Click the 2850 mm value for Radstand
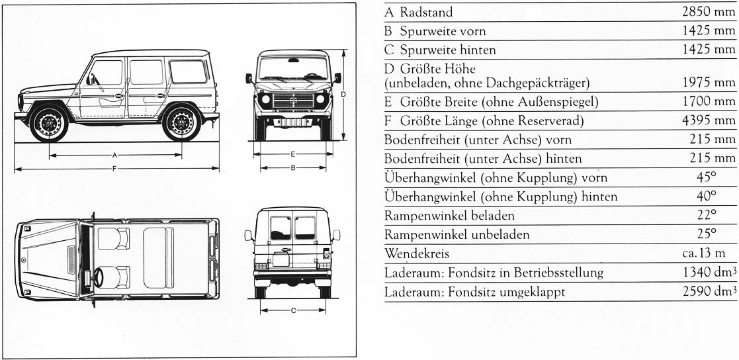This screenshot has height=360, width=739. coord(709,12)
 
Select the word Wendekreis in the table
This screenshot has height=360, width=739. coord(415,253)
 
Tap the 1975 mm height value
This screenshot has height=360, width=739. coord(709,83)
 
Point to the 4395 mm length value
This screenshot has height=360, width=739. coord(709,120)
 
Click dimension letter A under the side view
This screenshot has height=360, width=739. coord(114,155)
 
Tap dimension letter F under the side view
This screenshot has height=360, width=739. coord(114,169)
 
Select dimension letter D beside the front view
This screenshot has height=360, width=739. coord(343,95)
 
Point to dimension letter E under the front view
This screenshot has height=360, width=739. coord(292,154)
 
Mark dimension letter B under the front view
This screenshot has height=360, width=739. coord(292,168)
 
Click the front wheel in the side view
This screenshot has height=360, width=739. coord(49,122)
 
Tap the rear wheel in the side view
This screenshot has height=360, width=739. coord(181,122)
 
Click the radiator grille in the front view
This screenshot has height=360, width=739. coord(292,100)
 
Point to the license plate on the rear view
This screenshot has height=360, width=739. coord(281,259)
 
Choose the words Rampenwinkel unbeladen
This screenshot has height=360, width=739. coord(456,234)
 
